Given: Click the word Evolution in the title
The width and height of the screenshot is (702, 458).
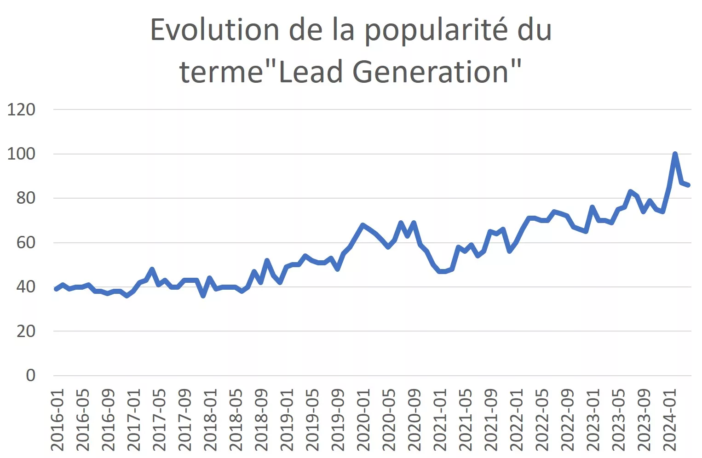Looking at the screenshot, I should tap(214, 30).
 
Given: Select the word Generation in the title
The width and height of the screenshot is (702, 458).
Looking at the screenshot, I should tap(430, 72).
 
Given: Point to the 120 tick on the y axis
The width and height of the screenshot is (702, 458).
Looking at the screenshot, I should tap(21, 109).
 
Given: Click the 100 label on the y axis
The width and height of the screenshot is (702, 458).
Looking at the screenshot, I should tap(21, 154).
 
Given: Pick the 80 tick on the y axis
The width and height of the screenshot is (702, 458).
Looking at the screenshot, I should tap(26, 198).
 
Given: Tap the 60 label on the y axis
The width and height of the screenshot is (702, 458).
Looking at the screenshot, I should tap(26, 242).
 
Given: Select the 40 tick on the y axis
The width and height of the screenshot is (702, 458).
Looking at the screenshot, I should tap(26, 286).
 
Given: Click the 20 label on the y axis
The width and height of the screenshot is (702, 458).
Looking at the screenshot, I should tap(26, 331).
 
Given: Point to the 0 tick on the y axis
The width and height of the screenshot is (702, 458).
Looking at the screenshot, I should tap(30, 375).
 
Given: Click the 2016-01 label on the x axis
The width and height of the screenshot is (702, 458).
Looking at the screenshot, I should tap(57, 420).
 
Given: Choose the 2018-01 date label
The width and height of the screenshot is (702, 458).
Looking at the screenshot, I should tap(210, 420).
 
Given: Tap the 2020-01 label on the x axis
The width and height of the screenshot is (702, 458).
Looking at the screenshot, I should tap(363, 420).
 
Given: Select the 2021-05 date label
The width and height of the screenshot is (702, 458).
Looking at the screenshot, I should tap(466, 420).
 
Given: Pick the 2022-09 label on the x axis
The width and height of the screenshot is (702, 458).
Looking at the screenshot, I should tap(568, 420).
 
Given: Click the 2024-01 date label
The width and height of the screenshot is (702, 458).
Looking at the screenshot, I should tap(670, 420).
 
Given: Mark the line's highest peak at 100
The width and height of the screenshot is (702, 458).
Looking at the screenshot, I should tap(675, 154).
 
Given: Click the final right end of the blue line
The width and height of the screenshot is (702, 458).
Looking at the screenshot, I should tap(688, 185).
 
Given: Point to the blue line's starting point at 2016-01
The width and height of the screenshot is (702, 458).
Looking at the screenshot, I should tap(56, 289).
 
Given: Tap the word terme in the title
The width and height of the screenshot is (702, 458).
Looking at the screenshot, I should tap(222, 72).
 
